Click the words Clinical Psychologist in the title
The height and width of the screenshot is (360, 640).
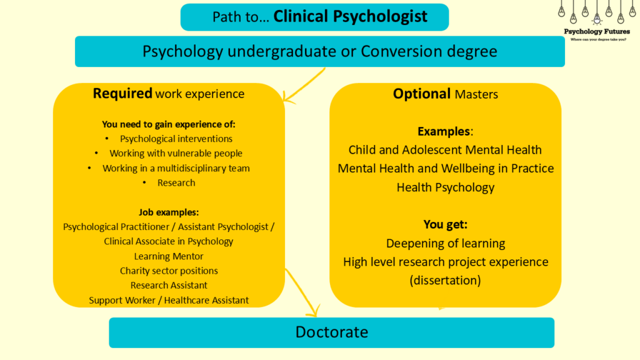(351, 16)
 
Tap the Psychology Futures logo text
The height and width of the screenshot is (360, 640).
(597, 31)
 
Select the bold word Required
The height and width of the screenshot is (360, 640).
(122, 94)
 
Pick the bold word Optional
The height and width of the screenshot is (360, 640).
(422, 94)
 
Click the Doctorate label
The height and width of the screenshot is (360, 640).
(332, 332)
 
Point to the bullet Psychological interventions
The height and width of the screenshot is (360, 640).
(176, 139)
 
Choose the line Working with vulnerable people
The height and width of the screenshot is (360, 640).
(176, 153)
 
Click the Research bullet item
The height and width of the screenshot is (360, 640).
(176, 182)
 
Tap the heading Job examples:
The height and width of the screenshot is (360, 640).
(169, 212)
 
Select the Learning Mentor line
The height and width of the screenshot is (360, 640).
(169, 256)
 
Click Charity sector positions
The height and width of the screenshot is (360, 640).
(169, 271)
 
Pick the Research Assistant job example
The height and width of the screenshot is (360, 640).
(169, 285)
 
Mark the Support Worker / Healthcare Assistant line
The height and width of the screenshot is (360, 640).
(169, 300)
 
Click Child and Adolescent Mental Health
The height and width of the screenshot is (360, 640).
(445, 150)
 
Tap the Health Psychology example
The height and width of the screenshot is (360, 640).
(445, 187)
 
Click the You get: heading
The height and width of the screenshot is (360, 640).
(445, 224)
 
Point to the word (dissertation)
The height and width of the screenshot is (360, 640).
(445, 280)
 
